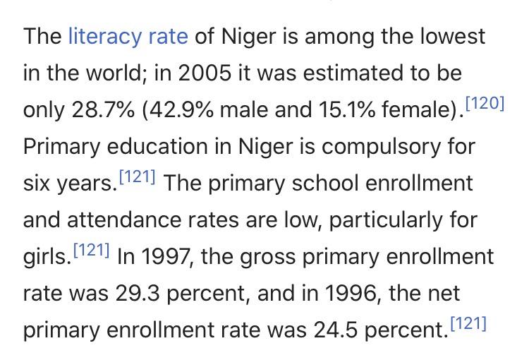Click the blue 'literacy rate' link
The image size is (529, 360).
coord(128,36)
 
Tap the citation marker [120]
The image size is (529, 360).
coord(487,104)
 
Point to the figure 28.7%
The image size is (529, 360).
coord(102,111)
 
